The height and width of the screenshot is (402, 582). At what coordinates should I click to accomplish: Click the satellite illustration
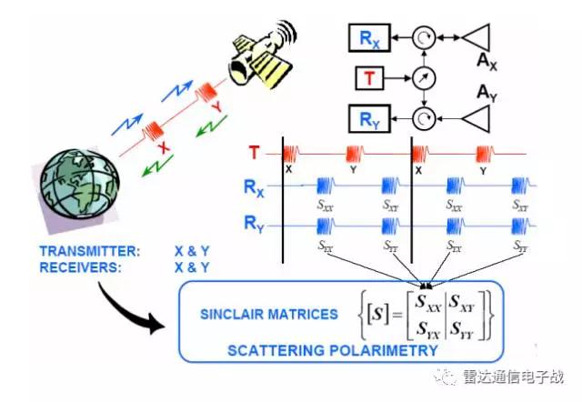258,53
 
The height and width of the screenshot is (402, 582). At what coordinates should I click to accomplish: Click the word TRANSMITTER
90,252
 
